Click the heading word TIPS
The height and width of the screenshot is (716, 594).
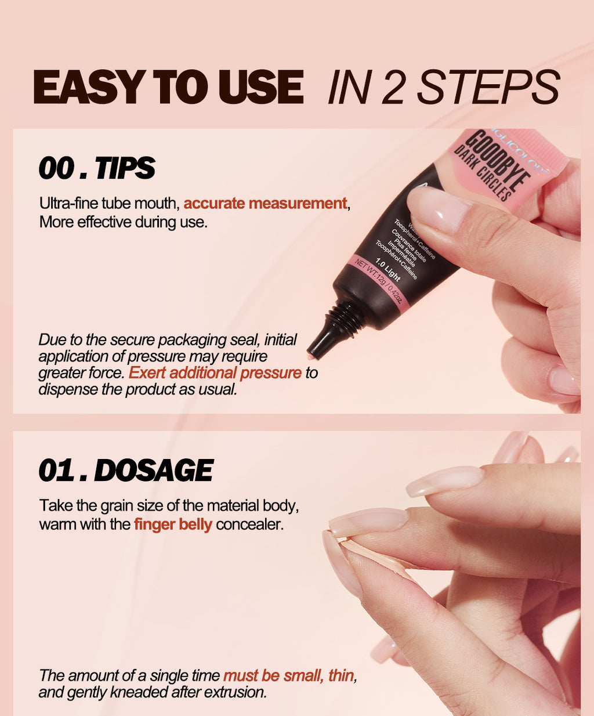[125, 168]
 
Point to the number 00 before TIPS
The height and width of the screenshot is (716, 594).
[57, 168]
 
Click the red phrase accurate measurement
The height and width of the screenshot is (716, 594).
[265, 204]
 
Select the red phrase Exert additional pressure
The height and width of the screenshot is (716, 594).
[215, 373]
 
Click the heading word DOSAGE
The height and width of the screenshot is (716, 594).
[154, 471]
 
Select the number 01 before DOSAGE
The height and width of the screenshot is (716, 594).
[56, 471]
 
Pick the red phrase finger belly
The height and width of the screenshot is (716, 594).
[173, 525]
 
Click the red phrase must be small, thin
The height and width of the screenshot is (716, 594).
[289, 675]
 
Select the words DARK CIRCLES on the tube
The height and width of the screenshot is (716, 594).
[483, 174]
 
